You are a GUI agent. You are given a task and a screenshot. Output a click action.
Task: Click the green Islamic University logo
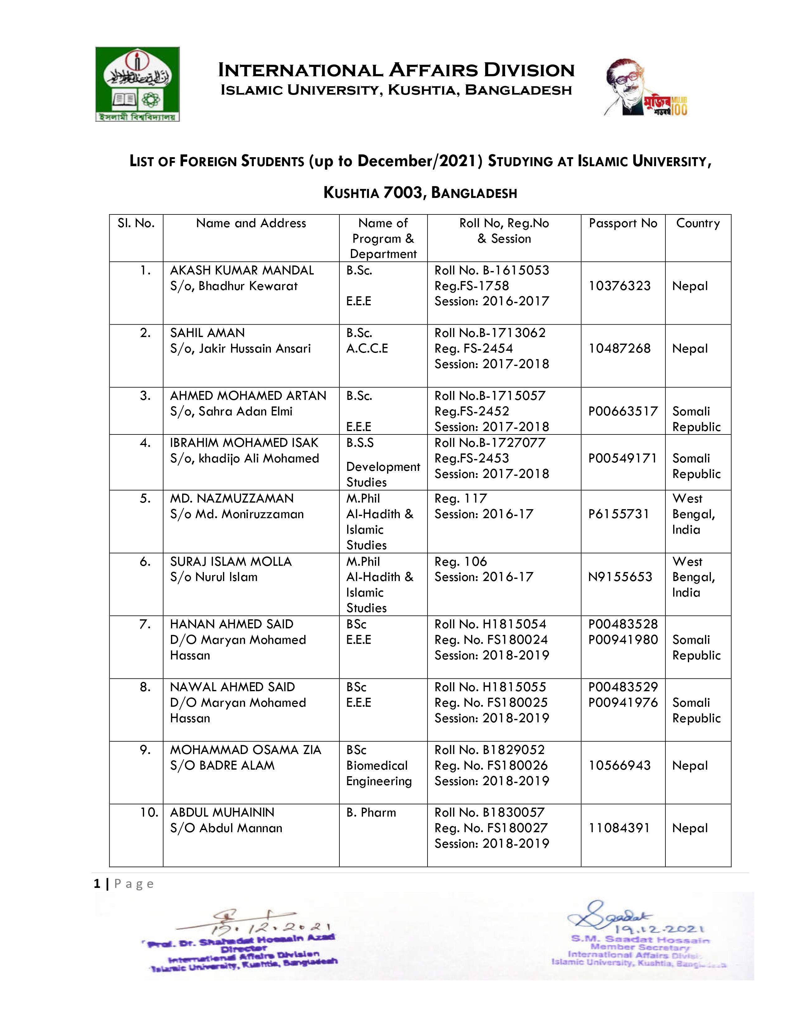coord(137,84)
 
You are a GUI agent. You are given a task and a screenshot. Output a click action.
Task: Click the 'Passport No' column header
coord(623,223)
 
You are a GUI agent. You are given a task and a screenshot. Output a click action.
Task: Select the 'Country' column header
coord(697,223)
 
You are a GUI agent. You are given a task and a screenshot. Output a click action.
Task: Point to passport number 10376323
coord(620,286)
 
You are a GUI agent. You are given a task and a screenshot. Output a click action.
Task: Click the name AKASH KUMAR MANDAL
coord(242,270)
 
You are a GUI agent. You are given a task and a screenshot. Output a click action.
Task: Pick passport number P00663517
coord(623,411)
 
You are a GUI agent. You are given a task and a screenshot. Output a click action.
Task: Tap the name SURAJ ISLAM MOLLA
coord(231,561)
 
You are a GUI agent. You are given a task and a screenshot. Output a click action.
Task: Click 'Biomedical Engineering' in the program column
coord(379,773)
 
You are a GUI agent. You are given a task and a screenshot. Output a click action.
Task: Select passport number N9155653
coord(620,577)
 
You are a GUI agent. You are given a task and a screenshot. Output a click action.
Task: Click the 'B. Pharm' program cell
coord(371,813)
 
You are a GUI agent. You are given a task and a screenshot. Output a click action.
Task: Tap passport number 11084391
coord(619,828)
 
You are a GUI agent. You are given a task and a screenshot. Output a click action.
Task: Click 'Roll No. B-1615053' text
coord(492,270)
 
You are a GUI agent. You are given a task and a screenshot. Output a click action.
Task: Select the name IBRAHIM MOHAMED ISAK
coord(244,443)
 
